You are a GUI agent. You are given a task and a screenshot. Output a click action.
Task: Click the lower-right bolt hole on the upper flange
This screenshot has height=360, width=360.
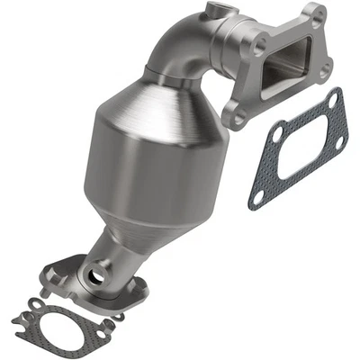pos(322,65)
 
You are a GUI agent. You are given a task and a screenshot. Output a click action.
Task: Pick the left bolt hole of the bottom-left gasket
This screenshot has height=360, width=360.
pos(20,319)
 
